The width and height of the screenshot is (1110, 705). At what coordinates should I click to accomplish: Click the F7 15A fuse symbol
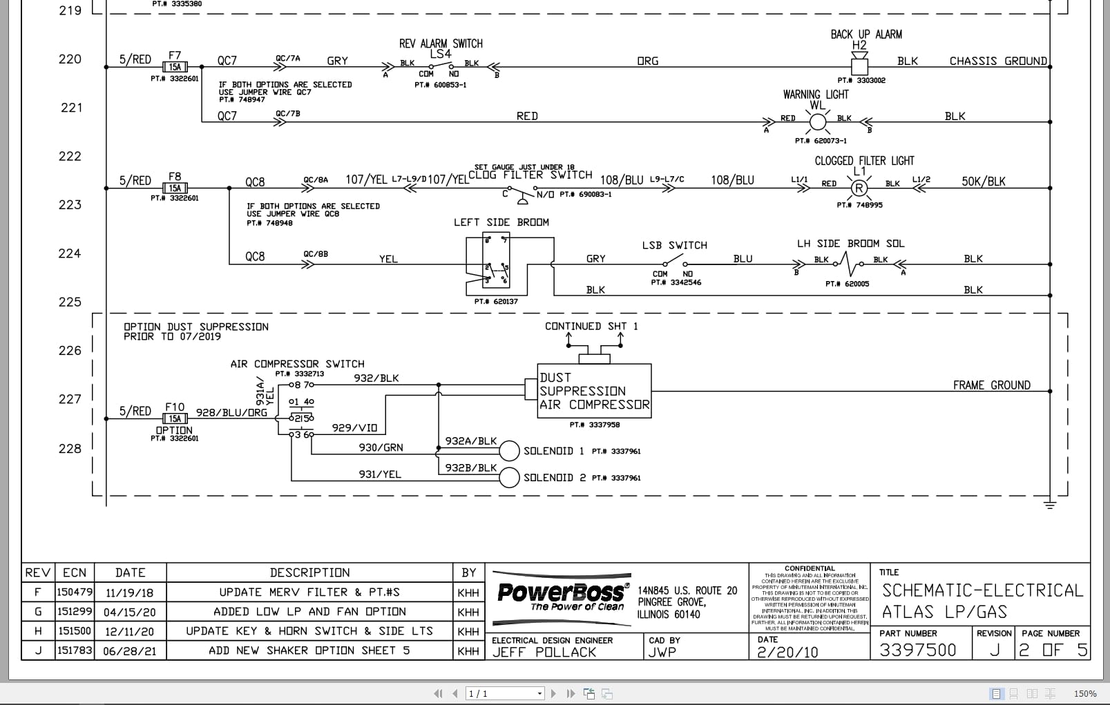coord(175,67)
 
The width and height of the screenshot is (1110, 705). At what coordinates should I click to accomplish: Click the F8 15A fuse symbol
coord(175,188)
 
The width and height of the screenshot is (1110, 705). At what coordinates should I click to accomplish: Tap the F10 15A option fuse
coord(175,418)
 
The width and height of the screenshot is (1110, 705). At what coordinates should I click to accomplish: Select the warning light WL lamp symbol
coord(818,122)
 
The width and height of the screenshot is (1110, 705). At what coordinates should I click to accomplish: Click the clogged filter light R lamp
coord(859,188)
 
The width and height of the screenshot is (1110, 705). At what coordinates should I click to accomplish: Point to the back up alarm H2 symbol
coord(859,66)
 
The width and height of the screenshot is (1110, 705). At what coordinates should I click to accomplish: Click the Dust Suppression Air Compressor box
coord(594,391)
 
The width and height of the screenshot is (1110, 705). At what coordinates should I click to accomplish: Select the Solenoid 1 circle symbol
coord(509,451)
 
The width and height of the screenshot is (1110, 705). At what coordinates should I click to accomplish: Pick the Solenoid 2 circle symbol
coord(509,477)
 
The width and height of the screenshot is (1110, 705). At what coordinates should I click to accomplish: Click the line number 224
coord(70,253)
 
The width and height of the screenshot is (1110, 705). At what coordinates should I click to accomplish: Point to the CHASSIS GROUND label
coord(997,61)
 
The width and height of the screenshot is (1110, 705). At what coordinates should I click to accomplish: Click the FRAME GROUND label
coord(991,385)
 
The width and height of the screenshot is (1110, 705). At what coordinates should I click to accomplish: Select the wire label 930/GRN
coord(381,447)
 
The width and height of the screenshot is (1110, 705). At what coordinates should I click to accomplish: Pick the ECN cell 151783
coord(74,650)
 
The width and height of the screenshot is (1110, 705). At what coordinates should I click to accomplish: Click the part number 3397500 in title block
coord(917,650)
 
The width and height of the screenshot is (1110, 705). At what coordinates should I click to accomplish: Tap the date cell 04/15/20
coord(130,612)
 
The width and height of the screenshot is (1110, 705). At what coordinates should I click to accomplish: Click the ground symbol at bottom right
coord(1050,505)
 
